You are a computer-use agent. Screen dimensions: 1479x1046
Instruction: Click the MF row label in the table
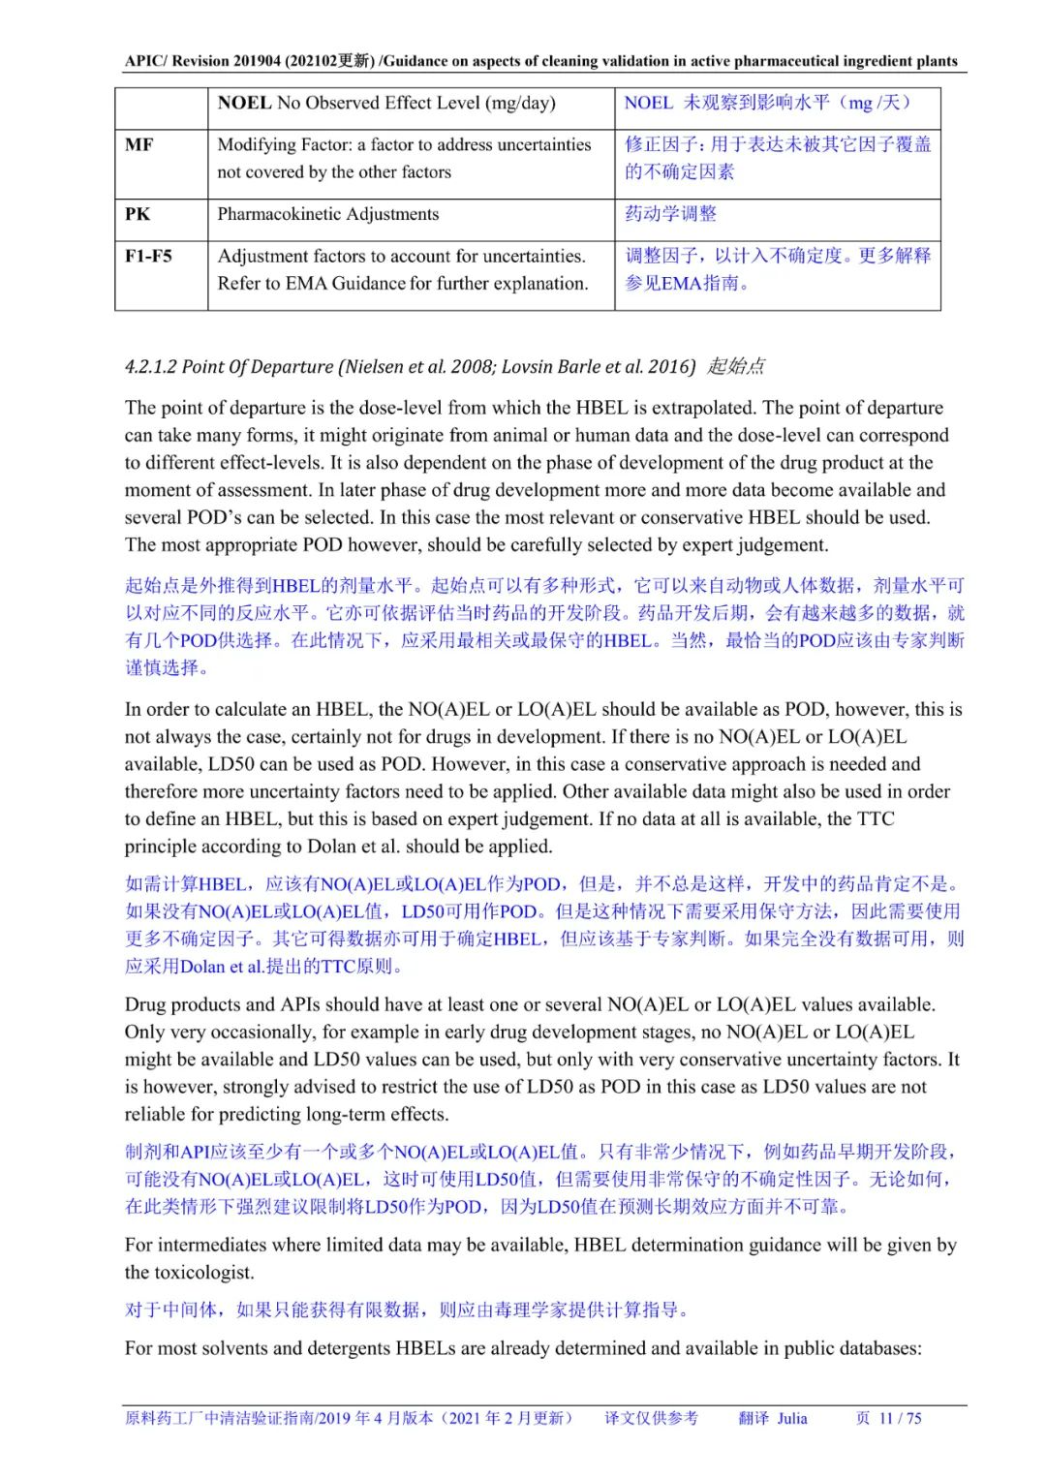pyautogui.click(x=138, y=145)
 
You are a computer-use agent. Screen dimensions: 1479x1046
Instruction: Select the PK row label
pyautogui.click(x=138, y=214)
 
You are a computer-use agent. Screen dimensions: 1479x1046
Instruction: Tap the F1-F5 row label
pyautogui.click(x=148, y=256)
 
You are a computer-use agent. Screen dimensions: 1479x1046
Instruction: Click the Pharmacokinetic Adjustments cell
pyautogui.click(x=327, y=214)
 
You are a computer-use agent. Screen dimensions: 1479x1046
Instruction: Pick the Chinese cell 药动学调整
pyautogui.click(x=670, y=214)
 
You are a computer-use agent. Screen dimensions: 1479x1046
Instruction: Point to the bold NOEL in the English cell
pyautogui.click(x=244, y=103)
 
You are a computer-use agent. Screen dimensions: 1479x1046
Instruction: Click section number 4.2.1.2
pyautogui.click(x=151, y=366)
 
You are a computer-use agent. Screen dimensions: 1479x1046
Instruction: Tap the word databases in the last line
pyautogui.click(x=878, y=1347)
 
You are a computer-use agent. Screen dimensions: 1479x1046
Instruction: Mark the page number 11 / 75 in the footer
pyautogui.click(x=900, y=1418)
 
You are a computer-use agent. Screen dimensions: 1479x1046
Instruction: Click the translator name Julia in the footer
pyautogui.click(x=791, y=1418)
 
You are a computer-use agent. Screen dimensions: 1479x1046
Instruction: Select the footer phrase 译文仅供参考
pyautogui.click(x=651, y=1418)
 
